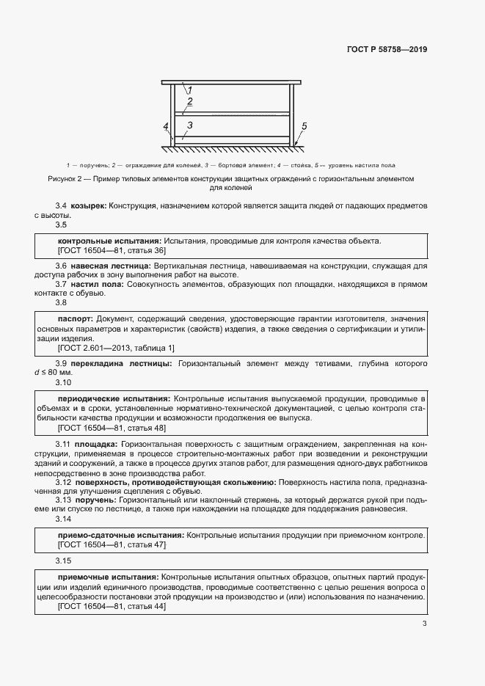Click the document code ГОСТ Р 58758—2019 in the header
(386, 50)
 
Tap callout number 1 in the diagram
(189, 90)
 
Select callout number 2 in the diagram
(189, 101)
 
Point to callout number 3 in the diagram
(189, 126)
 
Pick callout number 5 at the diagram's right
(305, 126)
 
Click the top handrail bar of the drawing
(232, 82)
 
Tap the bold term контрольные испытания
(109, 241)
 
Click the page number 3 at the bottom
(424, 624)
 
